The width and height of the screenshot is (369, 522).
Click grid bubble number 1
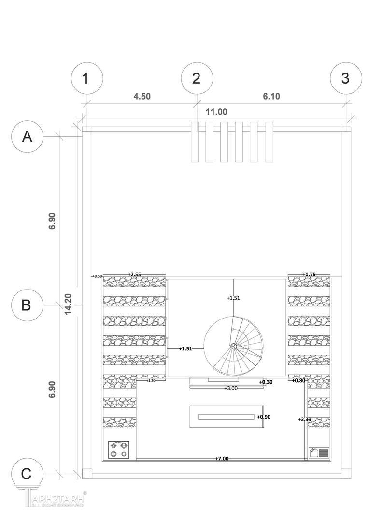coord(86,78)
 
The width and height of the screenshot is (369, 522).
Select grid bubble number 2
coord(196,78)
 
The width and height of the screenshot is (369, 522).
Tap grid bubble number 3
coord(345,78)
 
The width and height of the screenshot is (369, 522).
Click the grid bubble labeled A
coord(28,137)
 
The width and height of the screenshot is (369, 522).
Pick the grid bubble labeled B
coord(28,305)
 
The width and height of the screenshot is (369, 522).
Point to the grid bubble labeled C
coord(28,474)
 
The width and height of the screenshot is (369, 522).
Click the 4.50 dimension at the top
coord(142,96)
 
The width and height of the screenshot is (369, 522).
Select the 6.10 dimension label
coord(271,96)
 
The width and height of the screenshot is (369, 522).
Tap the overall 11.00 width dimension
coord(216,112)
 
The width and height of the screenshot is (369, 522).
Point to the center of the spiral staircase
coord(234,346)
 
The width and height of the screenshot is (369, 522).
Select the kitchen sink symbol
coord(319,453)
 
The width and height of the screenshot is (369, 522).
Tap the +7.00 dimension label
coord(222,458)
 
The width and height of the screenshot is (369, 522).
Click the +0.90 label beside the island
coord(264,417)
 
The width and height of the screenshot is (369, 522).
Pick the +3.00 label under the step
coord(231,388)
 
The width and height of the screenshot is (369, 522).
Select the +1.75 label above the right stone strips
coord(309,275)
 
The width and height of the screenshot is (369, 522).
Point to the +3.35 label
coord(304,419)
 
